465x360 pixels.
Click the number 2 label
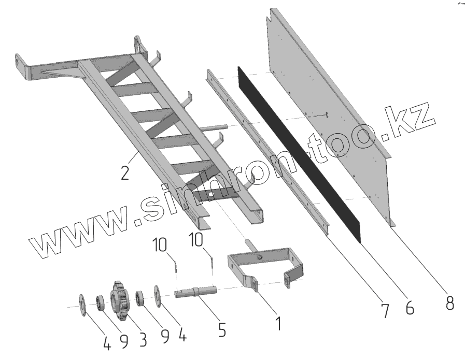pyautogui.click(x=124, y=171)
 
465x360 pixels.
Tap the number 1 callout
pyautogui.click(x=278, y=323)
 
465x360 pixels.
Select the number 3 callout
pyautogui.click(x=142, y=339)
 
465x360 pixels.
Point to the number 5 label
pyautogui.click(x=222, y=329)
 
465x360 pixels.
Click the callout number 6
pyautogui.click(x=410, y=308)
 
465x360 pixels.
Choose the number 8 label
pyautogui.click(x=449, y=302)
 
